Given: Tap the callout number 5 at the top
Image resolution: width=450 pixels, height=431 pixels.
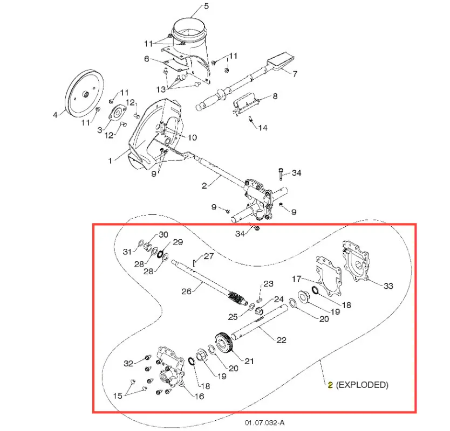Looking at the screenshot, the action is tap(206, 6).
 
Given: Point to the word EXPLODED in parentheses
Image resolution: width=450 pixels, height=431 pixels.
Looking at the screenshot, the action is tap(362, 385).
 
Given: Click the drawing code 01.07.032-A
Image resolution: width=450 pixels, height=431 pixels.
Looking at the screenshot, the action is tap(264, 423).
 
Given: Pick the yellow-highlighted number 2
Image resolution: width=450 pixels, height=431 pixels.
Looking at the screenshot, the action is tap(330, 385).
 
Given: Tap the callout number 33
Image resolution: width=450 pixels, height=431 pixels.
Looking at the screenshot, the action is tap(388, 286).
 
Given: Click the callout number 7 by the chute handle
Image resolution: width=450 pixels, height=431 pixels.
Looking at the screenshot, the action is tap(295, 74).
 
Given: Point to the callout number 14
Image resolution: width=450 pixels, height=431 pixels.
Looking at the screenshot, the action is tap(263, 128).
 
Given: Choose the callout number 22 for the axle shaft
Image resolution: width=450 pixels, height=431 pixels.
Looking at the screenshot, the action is tap(281, 340).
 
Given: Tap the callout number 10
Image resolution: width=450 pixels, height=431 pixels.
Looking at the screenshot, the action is tap(192, 137).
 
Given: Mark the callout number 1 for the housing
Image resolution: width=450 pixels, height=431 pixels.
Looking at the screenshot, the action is tap(110, 161).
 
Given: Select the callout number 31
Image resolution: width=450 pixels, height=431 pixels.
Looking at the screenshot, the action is tap(127, 252).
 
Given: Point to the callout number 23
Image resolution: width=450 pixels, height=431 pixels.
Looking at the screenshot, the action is tap(268, 284).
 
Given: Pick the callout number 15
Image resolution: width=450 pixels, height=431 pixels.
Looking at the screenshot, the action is tap(118, 396).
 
